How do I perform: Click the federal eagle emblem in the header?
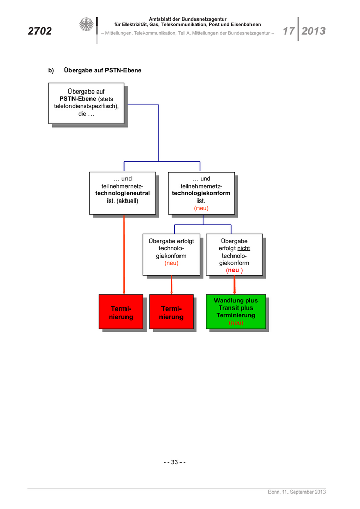pyautogui.click(x=86, y=25)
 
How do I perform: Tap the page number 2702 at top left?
pyautogui.click(x=40, y=31)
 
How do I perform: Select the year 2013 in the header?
pyautogui.click(x=313, y=31)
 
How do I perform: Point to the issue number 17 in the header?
pyautogui.click(x=289, y=31)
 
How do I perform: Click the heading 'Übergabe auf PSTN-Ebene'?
pyautogui.click(x=102, y=70)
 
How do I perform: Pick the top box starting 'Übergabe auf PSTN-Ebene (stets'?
pyautogui.click(x=86, y=103)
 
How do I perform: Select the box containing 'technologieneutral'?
pyautogui.click(x=122, y=193)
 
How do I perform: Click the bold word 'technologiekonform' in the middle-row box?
pyautogui.click(x=201, y=193)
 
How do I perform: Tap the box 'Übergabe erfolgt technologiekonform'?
pyautogui.click(x=171, y=254)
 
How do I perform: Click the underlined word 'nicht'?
pyautogui.click(x=243, y=248)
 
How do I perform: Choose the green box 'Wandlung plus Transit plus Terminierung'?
pyautogui.click(x=236, y=311)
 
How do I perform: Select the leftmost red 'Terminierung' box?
pyautogui.click(x=121, y=312)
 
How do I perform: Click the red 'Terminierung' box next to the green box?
pyautogui.click(x=171, y=312)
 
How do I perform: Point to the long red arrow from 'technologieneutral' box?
pyautogui.click(x=124, y=252)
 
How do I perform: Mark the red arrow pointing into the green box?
pyautogui.click(x=235, y=284)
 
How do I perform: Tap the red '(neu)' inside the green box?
pyautogui.click(x=236, y=323)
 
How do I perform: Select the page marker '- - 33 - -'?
pyautogui.click(x=174, y=462)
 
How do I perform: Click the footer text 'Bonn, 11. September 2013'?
pyautogui.click(x=297, y=492)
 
